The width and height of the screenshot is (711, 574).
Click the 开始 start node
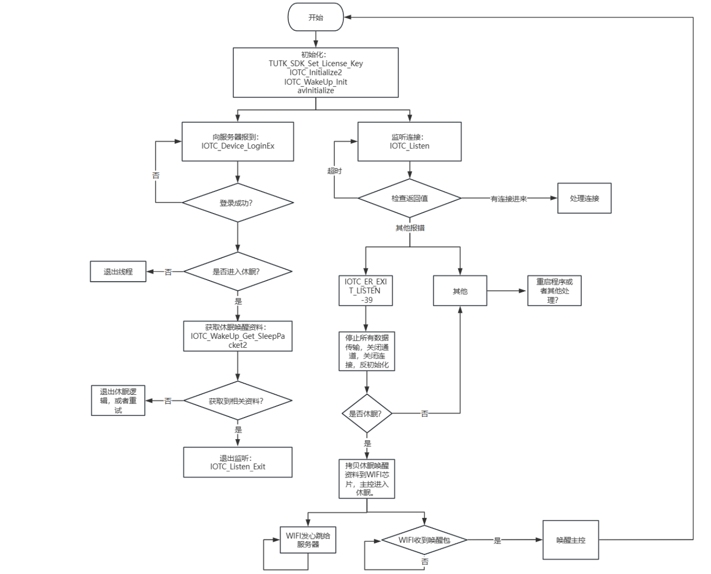(x=316, y=17)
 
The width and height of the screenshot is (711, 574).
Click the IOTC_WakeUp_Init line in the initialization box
(x=316, y=82)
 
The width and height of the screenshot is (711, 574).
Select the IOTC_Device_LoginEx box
(x=237, y=141)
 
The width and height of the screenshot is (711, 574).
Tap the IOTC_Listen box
(x=409, y=141)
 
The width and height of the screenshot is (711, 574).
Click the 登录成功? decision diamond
(x=237, y=203)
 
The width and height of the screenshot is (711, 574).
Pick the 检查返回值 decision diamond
(x=409, y=198)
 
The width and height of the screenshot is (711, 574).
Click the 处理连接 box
(x=584, y=198)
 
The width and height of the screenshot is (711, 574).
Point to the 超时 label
(x=334, y=171)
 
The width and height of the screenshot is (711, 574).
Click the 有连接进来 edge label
(x=509, y=199)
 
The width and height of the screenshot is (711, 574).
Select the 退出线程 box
(x=118, y=272)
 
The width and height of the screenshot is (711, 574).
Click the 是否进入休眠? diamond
(x=237, y=272)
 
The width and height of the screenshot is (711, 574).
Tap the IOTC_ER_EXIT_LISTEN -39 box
(x=366, y=291)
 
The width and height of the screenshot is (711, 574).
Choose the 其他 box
(x=460, y=291)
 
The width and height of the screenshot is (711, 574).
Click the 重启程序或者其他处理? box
(x=554, y=291)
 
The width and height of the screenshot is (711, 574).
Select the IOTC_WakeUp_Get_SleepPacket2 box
(x=237, y=336)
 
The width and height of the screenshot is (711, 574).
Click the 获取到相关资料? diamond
(x=237, y=401)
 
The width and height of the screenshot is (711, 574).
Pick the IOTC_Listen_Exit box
(x=237, y=462)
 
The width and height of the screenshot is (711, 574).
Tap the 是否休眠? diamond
(x=367, y=413)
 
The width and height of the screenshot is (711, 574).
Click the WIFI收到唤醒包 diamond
(x=424, y=540)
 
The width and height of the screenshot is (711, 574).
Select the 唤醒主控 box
(x=571, y=540)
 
